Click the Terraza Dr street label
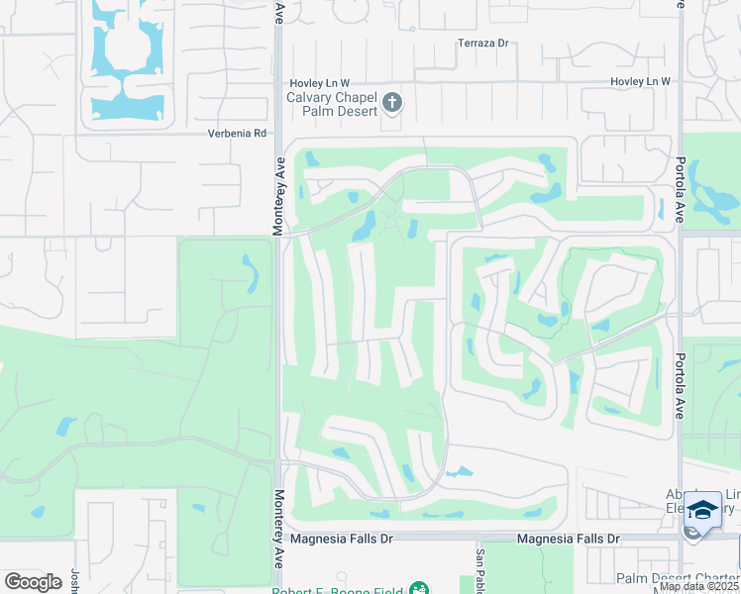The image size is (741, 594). pos(482,44)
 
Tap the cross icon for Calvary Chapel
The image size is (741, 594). pos(392,102)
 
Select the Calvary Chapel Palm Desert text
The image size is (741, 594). pos(332,104)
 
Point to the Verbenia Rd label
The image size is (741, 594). pos(238,133)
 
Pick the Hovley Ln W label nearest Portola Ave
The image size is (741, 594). pos(640,80)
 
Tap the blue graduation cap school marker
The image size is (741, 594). pos(703,510)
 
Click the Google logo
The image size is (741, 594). pos(32,582)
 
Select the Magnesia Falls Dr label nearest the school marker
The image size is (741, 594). pos(569,539)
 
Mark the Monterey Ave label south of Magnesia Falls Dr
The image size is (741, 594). pos(279,540)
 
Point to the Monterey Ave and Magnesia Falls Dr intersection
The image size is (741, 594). pos(279,538)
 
